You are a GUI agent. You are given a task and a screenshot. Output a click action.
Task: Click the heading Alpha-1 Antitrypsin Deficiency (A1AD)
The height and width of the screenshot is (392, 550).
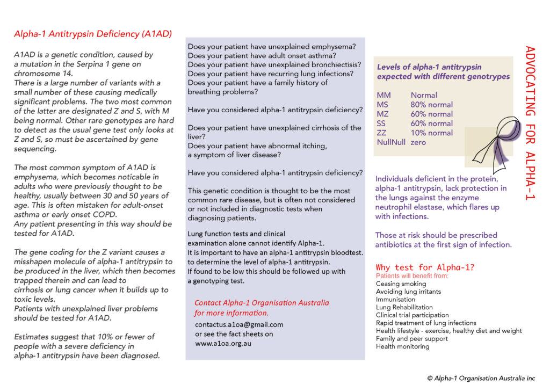tap(93, 34)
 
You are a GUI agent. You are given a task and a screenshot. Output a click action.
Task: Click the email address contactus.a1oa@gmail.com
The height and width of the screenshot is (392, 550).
tap(239, 324)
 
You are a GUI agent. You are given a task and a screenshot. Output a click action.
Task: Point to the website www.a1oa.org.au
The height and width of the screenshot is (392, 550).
tap(223, 343)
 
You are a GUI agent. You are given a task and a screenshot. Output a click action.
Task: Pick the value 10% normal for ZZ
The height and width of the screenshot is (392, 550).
tap(431, 133)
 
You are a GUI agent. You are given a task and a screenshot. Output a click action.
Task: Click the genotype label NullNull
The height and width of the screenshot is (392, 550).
tap(390, 142)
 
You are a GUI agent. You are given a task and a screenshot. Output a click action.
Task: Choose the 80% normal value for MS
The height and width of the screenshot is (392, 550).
tap(431, 105)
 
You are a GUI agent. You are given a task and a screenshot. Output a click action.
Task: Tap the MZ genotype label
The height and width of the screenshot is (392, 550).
tap(383, 114)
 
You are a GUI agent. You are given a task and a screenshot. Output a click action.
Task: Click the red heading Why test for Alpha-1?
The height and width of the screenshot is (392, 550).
tap(425, 267)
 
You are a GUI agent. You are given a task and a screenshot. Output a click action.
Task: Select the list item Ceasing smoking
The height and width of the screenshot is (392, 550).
tap(401, 284)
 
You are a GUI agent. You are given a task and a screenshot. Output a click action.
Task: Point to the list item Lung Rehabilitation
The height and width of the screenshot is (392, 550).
tap(404, 307)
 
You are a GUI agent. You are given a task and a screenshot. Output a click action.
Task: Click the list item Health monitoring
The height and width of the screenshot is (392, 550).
tap(402, 346)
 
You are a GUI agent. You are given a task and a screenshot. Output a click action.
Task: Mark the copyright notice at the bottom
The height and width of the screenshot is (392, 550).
tap(481, 378)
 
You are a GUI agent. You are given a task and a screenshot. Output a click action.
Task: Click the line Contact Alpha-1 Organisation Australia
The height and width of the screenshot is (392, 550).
tap(262, 302)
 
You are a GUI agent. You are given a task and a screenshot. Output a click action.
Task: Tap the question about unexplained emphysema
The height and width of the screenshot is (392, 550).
tap(271, 47)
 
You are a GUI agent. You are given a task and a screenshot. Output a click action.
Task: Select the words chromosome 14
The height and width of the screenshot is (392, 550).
tap(37, 73)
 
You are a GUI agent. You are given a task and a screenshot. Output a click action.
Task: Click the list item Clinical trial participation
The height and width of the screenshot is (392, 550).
tap(412, 315)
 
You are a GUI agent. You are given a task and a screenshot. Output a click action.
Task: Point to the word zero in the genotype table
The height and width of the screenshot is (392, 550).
tap(418, 142)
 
